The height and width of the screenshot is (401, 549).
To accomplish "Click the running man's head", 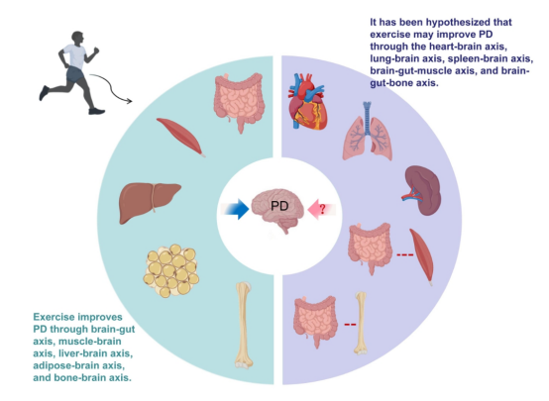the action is coord(77,38).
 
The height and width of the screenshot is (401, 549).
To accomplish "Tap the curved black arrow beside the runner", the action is coord(111,87).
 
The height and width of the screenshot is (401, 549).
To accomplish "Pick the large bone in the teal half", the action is coord(244,326).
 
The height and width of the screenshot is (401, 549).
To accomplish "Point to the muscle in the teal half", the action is coord(180,137).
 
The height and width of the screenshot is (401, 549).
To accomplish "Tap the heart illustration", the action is coord(307,101).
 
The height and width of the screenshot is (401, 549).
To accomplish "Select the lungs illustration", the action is coord(367,132).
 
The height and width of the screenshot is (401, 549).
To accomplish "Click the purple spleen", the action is coord(422,190).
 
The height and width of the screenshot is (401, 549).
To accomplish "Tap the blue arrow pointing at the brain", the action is coord(235,209).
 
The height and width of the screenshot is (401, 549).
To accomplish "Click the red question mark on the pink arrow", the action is coord(322,209).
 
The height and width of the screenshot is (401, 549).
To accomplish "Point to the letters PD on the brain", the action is coord(279,206).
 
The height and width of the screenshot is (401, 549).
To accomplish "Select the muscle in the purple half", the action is coord(422,256).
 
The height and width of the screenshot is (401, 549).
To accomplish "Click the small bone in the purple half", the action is coord(361,323).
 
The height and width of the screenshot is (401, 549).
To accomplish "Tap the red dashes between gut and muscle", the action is coord(405,254).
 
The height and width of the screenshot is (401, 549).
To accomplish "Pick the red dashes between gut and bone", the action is coord(350,325).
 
